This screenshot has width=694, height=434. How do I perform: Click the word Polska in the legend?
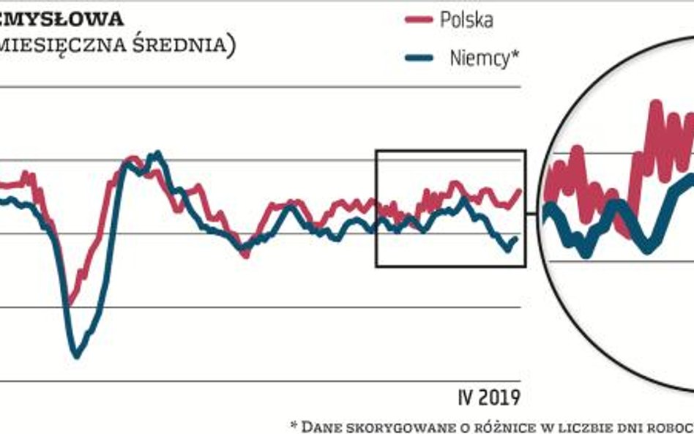click(x=466, y=20)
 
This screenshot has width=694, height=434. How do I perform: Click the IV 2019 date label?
click(x=488, y=397)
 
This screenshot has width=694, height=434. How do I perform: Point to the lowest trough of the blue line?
click(x=77, y=356)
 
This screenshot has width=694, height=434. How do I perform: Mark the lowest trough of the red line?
click(x=70, y=302)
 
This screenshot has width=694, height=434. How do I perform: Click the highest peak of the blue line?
click(x=155, y=154)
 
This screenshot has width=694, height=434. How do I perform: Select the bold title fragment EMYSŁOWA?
click(x=61, y=18)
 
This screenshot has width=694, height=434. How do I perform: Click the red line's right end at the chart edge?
click(x=520, y=190)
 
